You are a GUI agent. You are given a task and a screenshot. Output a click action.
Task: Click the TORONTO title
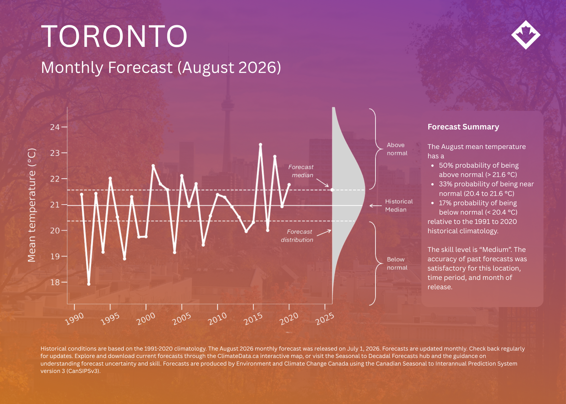(114, 36)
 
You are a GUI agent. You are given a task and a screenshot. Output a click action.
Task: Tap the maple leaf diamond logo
(526, 35)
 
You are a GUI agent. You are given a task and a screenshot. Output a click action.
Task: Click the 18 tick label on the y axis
(55, 282)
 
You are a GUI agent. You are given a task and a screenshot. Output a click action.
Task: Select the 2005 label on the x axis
(182, 319)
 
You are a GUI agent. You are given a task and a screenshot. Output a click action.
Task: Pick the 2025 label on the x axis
(325, 319)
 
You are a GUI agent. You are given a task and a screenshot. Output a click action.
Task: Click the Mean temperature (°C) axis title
(32, 205)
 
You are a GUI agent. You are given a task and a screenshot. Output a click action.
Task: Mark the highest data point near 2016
(261, 145)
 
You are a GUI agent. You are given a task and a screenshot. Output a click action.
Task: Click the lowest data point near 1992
(89, 284)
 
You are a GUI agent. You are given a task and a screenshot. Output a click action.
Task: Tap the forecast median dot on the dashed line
(332, 190)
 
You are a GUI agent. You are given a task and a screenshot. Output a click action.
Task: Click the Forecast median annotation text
(301, 171)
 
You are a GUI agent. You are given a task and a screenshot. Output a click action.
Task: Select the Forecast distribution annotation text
(297, 236)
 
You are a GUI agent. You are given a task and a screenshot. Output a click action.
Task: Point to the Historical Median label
(399, 205)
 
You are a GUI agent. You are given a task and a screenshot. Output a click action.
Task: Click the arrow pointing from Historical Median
(376, 206)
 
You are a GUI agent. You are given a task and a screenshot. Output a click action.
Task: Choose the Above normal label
(397, 149)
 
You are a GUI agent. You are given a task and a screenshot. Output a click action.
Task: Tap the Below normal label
(397, 263)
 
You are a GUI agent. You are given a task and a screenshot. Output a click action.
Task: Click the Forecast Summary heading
(463, 127)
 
